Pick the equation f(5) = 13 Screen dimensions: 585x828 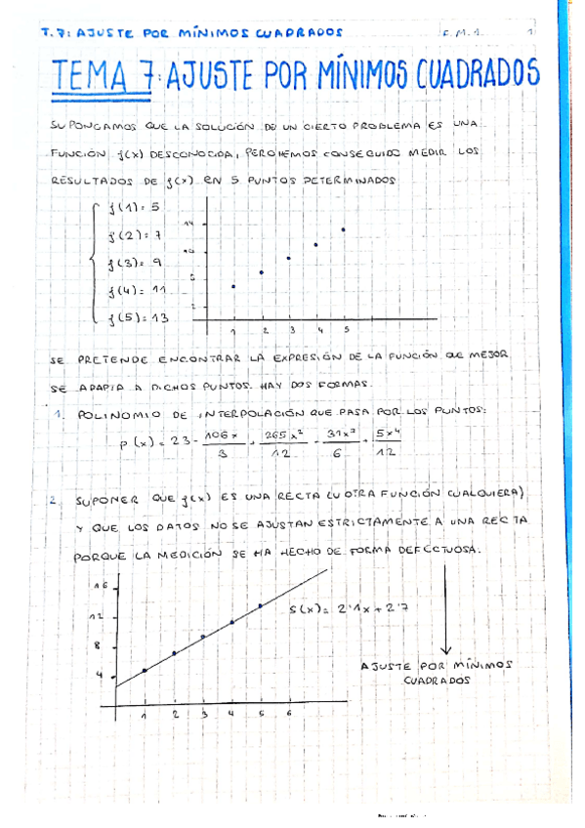click(x=139, y=318)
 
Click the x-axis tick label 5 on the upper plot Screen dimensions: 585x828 click(x=347, y=329)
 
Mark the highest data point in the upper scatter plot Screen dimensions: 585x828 click(x=344, y=229)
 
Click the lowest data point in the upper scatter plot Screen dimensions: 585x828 click(x=233, y=286)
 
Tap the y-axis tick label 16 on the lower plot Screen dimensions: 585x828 click(x=99, y=587)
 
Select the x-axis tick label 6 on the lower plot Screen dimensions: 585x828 click(x=289, y=714)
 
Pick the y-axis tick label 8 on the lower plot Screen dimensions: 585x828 click(x=99, y=645)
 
